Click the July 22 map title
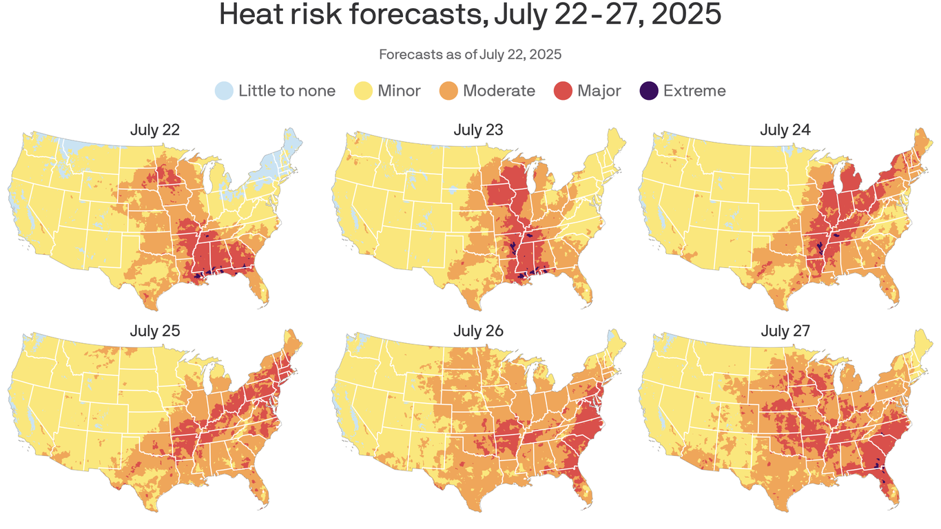tap(155, 129)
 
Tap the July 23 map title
tap(478, 129)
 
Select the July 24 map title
tap(785, 129)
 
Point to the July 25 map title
tap(155, 331)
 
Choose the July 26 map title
tap(478, 331)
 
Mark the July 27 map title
tap(785, 331)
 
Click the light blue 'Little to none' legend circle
tap(224, 90)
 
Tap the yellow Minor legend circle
tap(363, 90)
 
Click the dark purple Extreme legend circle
tap(649, 90)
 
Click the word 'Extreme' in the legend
tap(694, 90)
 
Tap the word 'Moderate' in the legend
tap(499, 90)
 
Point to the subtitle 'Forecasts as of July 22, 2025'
tap(470, 54)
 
